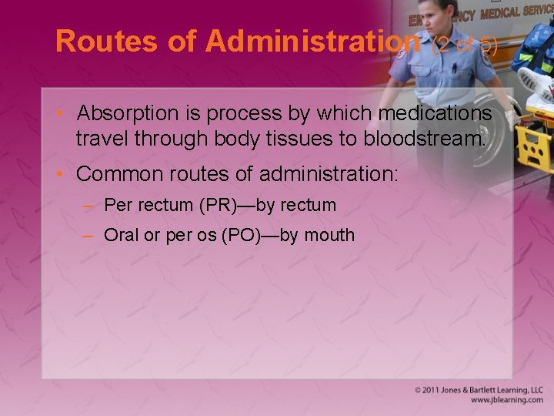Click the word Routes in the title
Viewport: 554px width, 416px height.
click(108, 42)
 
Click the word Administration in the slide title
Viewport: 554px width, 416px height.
click(312, 42)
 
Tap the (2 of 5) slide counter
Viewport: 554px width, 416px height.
click(466, 44)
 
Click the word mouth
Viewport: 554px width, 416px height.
click(330, 235)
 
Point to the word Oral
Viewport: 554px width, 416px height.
click(121, 235)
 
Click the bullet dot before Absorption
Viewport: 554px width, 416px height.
click(64, 114)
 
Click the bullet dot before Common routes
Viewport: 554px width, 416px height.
click(64, 174)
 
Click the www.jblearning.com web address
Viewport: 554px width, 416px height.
click(506, 401)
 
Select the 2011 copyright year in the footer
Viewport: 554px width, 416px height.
click(432, 391)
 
